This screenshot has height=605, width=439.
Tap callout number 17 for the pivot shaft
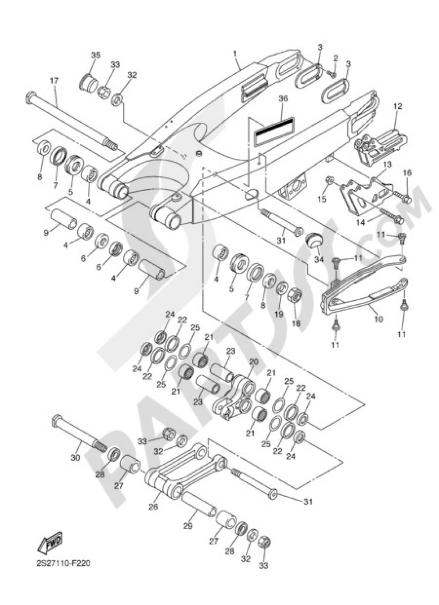(54, 81)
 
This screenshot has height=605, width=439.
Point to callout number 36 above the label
(283, 99)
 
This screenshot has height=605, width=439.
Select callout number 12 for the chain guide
(397, 106)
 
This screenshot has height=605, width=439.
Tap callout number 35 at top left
(95, 55)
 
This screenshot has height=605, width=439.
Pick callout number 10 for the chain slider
(378, 319)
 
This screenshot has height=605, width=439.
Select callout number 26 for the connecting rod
(153, 507)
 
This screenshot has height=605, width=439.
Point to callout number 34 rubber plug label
(319, 260)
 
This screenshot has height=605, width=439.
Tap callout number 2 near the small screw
(335, 58)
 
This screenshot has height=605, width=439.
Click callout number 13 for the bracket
(387, 164)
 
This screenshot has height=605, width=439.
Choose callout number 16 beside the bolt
(407, 173)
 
